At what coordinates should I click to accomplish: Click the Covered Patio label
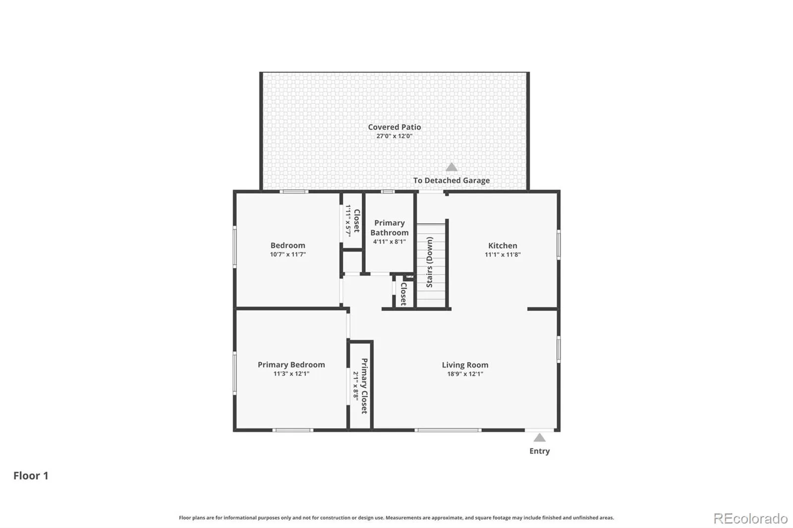point(395,127)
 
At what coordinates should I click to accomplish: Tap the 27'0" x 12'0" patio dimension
point(395,136)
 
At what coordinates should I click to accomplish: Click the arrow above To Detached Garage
point(452,167)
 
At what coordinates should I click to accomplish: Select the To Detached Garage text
point(452,180)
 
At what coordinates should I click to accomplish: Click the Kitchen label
point(503,246)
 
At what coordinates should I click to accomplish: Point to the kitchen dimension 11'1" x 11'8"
point(503,255)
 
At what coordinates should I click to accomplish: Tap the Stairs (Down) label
point(429,262)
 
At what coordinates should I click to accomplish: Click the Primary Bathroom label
point(390,228)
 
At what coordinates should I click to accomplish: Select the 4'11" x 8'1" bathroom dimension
point(390,242)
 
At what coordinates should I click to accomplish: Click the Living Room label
point(465,365)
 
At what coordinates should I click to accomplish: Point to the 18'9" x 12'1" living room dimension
point(465,373)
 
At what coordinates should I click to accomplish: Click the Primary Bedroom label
point(291,365)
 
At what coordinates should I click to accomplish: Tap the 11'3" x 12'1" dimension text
point(291,373)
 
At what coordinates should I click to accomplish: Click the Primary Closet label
point(364,386)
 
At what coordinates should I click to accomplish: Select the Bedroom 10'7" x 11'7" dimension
point(288,255)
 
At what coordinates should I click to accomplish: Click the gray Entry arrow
point(539,438)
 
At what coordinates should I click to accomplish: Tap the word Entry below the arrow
point(539,451)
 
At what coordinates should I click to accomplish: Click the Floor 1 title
point(31,475)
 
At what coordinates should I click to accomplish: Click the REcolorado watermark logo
point(750,519)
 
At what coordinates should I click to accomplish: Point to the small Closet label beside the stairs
point(403,294)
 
